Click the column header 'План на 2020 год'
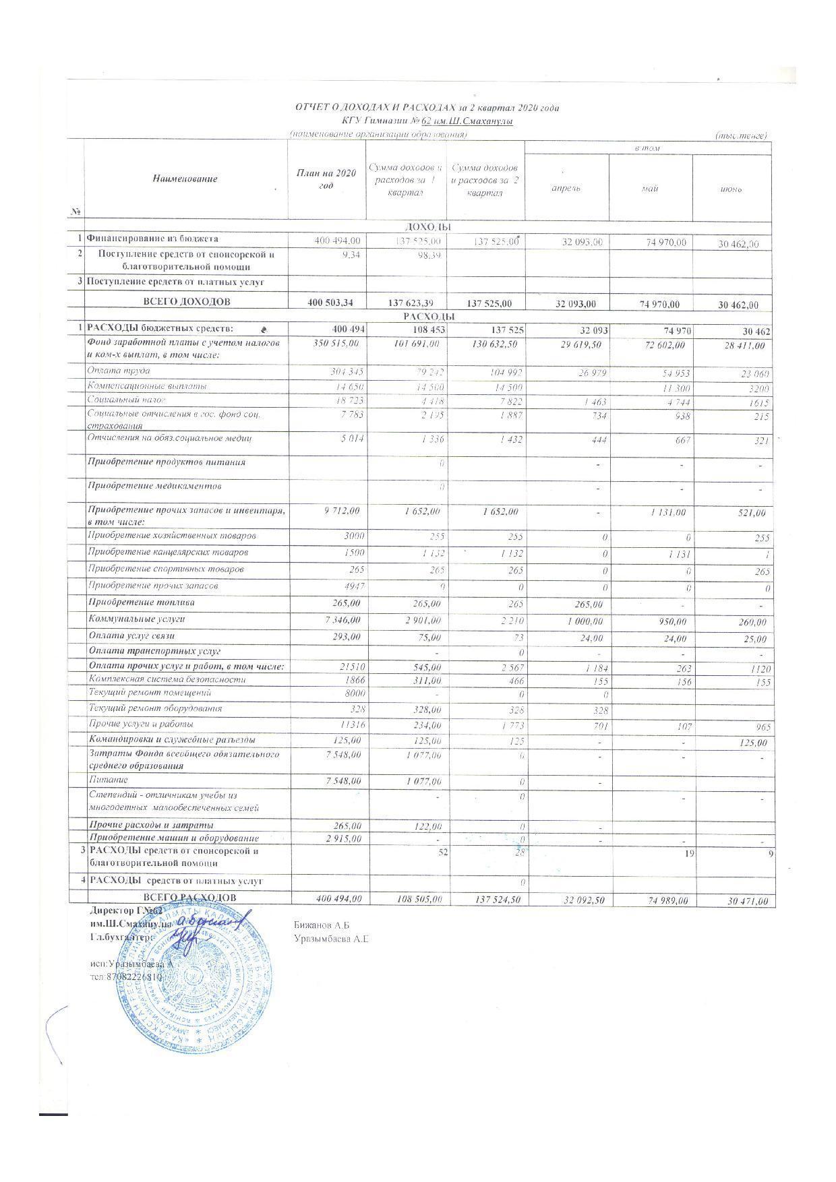coord(326,179)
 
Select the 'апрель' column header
coord(566,188)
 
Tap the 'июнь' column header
coord(731,189)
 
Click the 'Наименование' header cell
coord(185,179)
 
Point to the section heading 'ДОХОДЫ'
coord(427,227)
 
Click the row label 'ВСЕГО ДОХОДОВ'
coord(184,301)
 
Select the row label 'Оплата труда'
coord(119,371)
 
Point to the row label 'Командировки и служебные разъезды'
coord(172,739)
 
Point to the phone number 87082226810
coord(131,976)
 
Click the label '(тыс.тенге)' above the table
coord(741,135)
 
